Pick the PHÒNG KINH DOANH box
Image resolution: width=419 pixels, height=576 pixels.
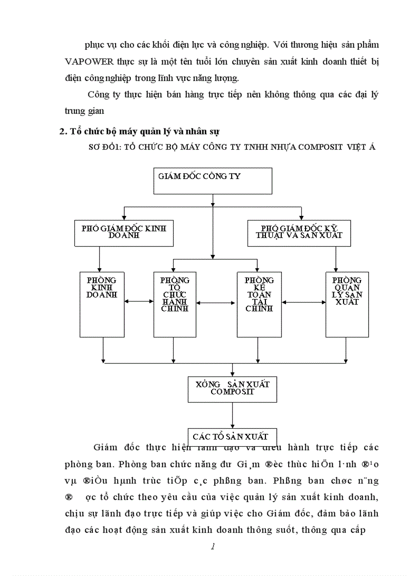pyautogui.click(x=102, y=304)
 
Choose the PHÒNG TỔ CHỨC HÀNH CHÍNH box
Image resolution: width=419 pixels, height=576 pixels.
pyautogui.click(x=175, y=304)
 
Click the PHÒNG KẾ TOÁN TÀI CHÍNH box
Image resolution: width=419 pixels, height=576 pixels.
pyautogui.click(x=259, y=304)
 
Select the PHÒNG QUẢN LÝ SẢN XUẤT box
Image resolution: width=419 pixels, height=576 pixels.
pyautogui.click(x=347, y=304)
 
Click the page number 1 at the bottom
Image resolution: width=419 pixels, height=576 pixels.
pyautogui.click(x=213, y=547)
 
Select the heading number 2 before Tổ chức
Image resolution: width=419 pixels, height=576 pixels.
pyautogui.click(x=63, y=131)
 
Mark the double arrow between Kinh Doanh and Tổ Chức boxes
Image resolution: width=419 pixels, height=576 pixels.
pyautogui.click(x=139, y=302)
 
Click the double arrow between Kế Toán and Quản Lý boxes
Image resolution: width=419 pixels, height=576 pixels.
pyautogui.click(x=303, y=302)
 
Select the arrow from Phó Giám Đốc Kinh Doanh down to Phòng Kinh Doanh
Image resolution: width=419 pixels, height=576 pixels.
pyautogui.click(x=100, y=259)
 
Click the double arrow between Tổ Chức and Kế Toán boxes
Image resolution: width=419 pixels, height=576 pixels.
pyautogui.click(x=217, y=303)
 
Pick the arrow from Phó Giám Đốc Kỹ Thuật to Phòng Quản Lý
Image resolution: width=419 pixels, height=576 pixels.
pyautogui.click(x=335, y=259)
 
